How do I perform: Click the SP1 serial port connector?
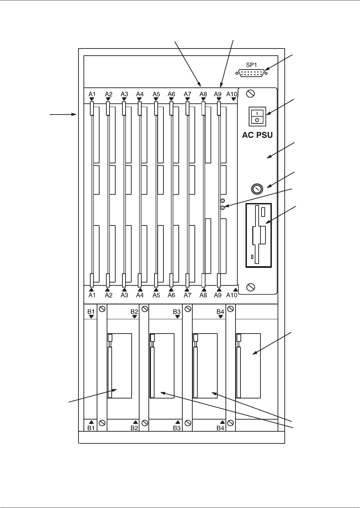[251, 73]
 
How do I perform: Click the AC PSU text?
[258, 136]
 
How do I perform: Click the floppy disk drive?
[259, 235]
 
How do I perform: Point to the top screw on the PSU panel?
[250, 94]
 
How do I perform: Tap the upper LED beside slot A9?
[223, 201]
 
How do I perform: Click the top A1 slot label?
[92, 94]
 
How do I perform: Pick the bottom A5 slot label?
[156, 295]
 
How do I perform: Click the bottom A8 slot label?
[203, 295]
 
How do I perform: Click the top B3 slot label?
[177, 311]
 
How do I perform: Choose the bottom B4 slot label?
[220, 428]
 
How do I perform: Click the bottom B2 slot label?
[134, 428]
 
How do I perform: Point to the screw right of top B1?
[102, 309]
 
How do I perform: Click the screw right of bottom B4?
[230, 423]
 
